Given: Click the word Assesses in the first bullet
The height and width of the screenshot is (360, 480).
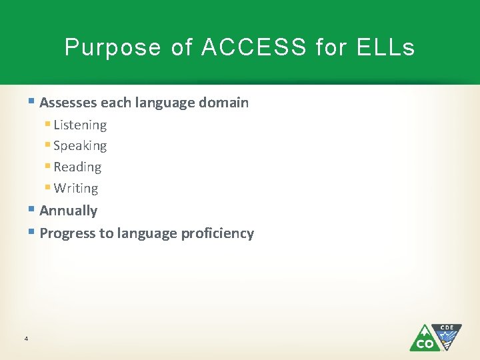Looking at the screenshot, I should click(x=69, y=103).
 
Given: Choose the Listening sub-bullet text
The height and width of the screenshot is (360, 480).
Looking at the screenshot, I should click(x=80, y=125).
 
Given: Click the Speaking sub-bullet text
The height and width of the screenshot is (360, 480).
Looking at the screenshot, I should click(x=80, y=146).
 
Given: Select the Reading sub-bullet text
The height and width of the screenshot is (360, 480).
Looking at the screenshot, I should click(x=77, y=167).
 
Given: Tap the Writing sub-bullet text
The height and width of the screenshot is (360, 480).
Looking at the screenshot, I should click(x=76, y=189).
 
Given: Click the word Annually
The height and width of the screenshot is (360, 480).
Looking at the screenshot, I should click(x=68, y=211).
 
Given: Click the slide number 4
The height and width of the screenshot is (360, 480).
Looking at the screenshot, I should click(x=25, y=339).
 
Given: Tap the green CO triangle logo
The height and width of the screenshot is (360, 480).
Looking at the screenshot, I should click(x=424, y=339).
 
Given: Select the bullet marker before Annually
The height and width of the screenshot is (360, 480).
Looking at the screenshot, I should click(x=33, y=210).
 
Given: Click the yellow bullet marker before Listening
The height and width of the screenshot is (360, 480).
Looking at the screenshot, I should click(x=48, y=124).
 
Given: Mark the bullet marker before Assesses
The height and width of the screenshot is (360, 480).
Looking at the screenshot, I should click(x=33, y=102).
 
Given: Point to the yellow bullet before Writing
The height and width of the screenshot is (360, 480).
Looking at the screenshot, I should click(x=48, y=188).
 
